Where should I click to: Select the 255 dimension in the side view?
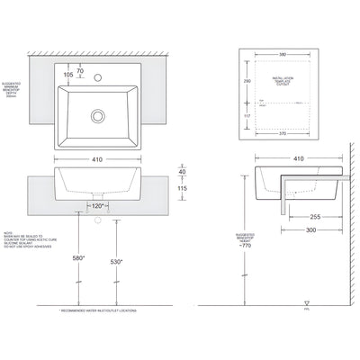(x=315, y=216)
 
